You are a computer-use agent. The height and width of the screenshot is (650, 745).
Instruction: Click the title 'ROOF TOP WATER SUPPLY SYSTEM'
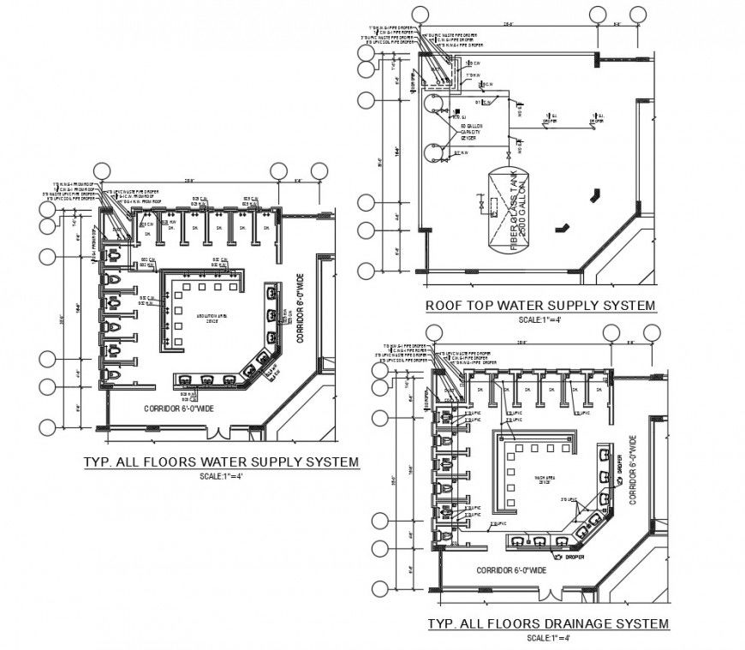pos(539,306)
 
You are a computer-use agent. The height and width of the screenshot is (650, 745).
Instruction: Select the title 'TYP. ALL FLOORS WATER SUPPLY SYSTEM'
pos(220,462)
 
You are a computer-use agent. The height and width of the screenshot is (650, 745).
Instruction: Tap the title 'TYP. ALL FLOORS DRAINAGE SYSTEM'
pos(548,623)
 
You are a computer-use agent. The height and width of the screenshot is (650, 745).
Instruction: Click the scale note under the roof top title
pos(541,320)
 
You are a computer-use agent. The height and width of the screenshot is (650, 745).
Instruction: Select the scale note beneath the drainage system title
pos(548,638)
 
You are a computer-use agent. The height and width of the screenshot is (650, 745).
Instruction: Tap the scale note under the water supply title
pos(221,476)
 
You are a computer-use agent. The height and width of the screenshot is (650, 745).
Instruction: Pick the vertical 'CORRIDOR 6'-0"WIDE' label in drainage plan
pos(633,469)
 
